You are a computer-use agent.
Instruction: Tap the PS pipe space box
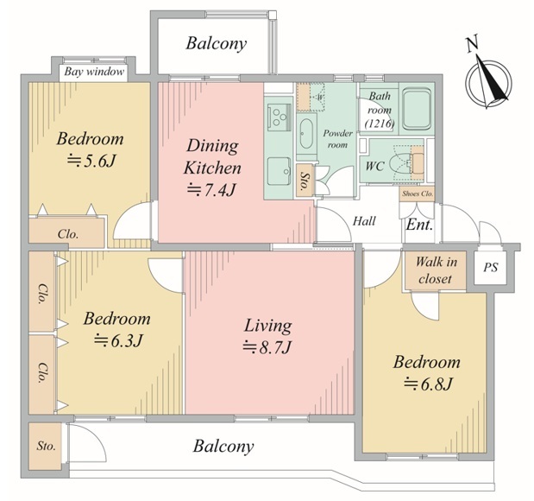pos(490,268)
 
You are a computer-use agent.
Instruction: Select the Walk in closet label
pos(436,270)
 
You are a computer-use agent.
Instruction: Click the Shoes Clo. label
pos(418,193)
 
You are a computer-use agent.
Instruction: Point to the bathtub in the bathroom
pos(416,109)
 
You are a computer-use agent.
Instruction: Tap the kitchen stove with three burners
pos(279,117)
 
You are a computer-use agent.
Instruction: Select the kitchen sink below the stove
pos(279,171)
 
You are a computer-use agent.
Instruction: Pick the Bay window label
pos(94,72)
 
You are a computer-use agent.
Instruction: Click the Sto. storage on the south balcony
pos(46,446)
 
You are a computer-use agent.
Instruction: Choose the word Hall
pos(364,221)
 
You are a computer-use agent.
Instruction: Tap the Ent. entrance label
pos(419,225)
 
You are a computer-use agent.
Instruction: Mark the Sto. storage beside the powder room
pos(303,180)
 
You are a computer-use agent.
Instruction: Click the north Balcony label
pos(217,44)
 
